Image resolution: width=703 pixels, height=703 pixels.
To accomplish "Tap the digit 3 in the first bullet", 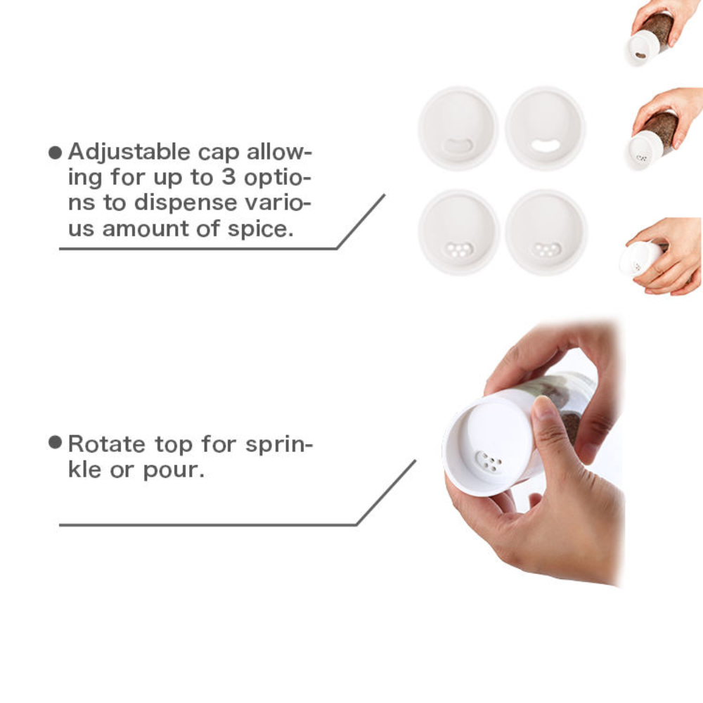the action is (x=228, y=177).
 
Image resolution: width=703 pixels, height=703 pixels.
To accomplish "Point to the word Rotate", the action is (x=107, y=444).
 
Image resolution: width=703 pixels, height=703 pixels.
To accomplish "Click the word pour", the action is (x=174, y=471).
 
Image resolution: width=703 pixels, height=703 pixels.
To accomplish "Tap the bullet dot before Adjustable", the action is (x=55, y=153).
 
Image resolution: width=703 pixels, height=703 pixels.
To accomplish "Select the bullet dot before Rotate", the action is (x=55, y=442).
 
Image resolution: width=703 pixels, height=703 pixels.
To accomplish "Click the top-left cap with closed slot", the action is (x=458, y=129).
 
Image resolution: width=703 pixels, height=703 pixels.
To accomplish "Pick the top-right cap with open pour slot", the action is (x=545, y=129).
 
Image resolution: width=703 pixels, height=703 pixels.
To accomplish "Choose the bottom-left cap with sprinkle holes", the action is (x=458, y=232).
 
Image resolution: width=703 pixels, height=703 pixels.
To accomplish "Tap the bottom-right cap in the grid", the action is (x=546, y=232).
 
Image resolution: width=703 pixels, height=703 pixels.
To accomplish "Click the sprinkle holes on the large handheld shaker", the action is (x=489, y=461).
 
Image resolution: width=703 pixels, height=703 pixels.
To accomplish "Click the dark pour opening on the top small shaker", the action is (x=640, y=56).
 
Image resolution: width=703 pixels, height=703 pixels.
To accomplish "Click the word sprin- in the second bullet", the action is (x=279, y=445).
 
